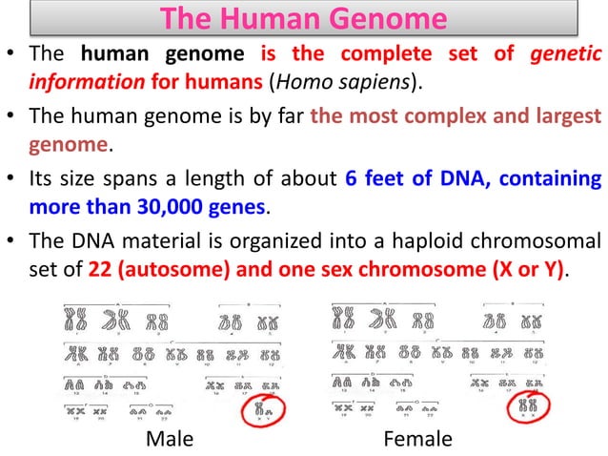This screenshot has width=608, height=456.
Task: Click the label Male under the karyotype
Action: [169, 438]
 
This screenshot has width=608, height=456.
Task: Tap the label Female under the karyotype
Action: [416, 438]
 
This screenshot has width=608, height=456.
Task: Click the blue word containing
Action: [550, 178]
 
